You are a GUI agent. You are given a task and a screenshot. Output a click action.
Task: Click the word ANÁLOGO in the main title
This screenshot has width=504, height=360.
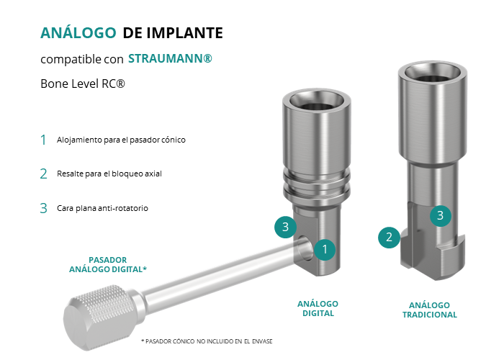(x=78, y=32)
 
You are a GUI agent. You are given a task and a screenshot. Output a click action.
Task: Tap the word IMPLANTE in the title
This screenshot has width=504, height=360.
(x=185, y=33)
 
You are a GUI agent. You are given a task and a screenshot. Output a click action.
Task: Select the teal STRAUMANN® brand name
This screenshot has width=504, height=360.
(x=170, y=58)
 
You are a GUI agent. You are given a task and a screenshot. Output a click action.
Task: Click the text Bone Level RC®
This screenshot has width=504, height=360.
(x=83, y=84)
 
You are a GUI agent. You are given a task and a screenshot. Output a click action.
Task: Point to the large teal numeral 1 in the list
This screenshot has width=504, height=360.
(x=43, y=140)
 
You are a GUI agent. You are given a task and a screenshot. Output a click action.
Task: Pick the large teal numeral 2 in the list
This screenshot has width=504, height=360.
(x=43, y=174)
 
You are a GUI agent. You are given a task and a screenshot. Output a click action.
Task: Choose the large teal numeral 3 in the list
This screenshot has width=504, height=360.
(x=43, y=208)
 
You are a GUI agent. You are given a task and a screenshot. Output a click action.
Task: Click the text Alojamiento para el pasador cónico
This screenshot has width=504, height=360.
(x=121, y=140)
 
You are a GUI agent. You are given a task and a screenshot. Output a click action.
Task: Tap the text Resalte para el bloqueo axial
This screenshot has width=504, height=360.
(x=109, y=174)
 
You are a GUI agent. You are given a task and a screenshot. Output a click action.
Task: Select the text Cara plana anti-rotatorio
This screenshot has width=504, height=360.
(x=102, y=208)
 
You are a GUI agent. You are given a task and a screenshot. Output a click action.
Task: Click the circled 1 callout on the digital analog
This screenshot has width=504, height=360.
(x=325, y=249)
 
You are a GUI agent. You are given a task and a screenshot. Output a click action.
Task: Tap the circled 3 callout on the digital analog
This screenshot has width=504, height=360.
(x=285, y=227)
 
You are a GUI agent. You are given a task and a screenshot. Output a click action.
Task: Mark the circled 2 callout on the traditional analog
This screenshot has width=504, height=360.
(x=389, y=237)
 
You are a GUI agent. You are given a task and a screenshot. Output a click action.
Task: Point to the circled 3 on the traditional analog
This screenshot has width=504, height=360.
(x=441, y=215)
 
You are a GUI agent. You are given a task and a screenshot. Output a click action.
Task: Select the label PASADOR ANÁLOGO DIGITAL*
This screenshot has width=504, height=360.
(x=108, y=264)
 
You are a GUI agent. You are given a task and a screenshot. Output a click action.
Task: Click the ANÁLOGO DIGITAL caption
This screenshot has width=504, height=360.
(x=318, y=309)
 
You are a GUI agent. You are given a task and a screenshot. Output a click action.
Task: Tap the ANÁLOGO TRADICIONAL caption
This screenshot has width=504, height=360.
(x=429, y=310)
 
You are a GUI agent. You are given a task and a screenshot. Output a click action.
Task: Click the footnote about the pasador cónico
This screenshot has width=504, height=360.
(x=207, y=341)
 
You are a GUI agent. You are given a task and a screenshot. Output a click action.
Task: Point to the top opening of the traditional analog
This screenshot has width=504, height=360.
(x=433, y=73)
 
